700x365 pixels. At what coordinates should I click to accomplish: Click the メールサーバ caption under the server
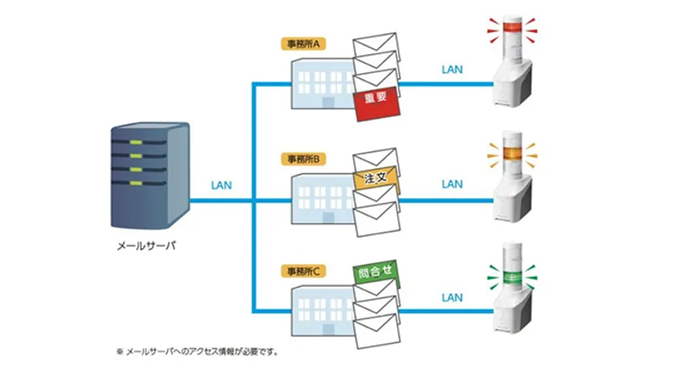pos(147,247)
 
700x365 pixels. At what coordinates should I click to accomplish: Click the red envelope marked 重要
pos(375,99)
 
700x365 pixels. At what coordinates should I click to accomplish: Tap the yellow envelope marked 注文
pos(377,177)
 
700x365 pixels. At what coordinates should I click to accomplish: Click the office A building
pos(321,83)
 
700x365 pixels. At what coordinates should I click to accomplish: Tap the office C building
pos(321,312)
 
